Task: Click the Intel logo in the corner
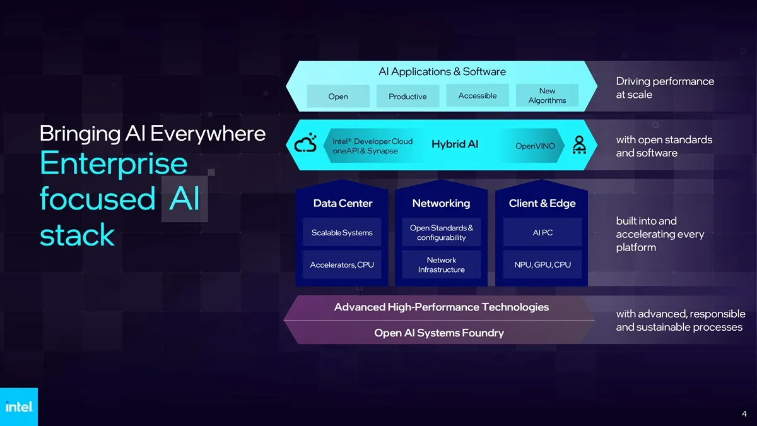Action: coord(19,406)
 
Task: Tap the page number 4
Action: coord(744,414)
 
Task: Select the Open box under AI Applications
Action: coord(338,97)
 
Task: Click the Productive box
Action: coord(408,97)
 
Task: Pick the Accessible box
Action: coord(478,96)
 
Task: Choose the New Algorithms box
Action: coord(547,96)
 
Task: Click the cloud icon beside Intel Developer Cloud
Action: coord(305,143)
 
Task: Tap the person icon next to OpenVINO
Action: coord(579,145)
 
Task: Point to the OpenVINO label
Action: coord(535,146)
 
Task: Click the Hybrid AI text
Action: coord(455,145)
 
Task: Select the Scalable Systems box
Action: coord(342,232)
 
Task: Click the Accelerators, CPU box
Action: coord(342,264)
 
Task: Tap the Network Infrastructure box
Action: coord(442,264)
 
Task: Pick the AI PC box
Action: coord(543,232)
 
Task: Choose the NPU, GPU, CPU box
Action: coord(543,264)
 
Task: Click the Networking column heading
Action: coord(441,203)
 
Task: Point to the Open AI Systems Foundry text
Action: coord(439,333)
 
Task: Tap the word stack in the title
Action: coord(78,234)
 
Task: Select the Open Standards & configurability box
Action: coord(442,232)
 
